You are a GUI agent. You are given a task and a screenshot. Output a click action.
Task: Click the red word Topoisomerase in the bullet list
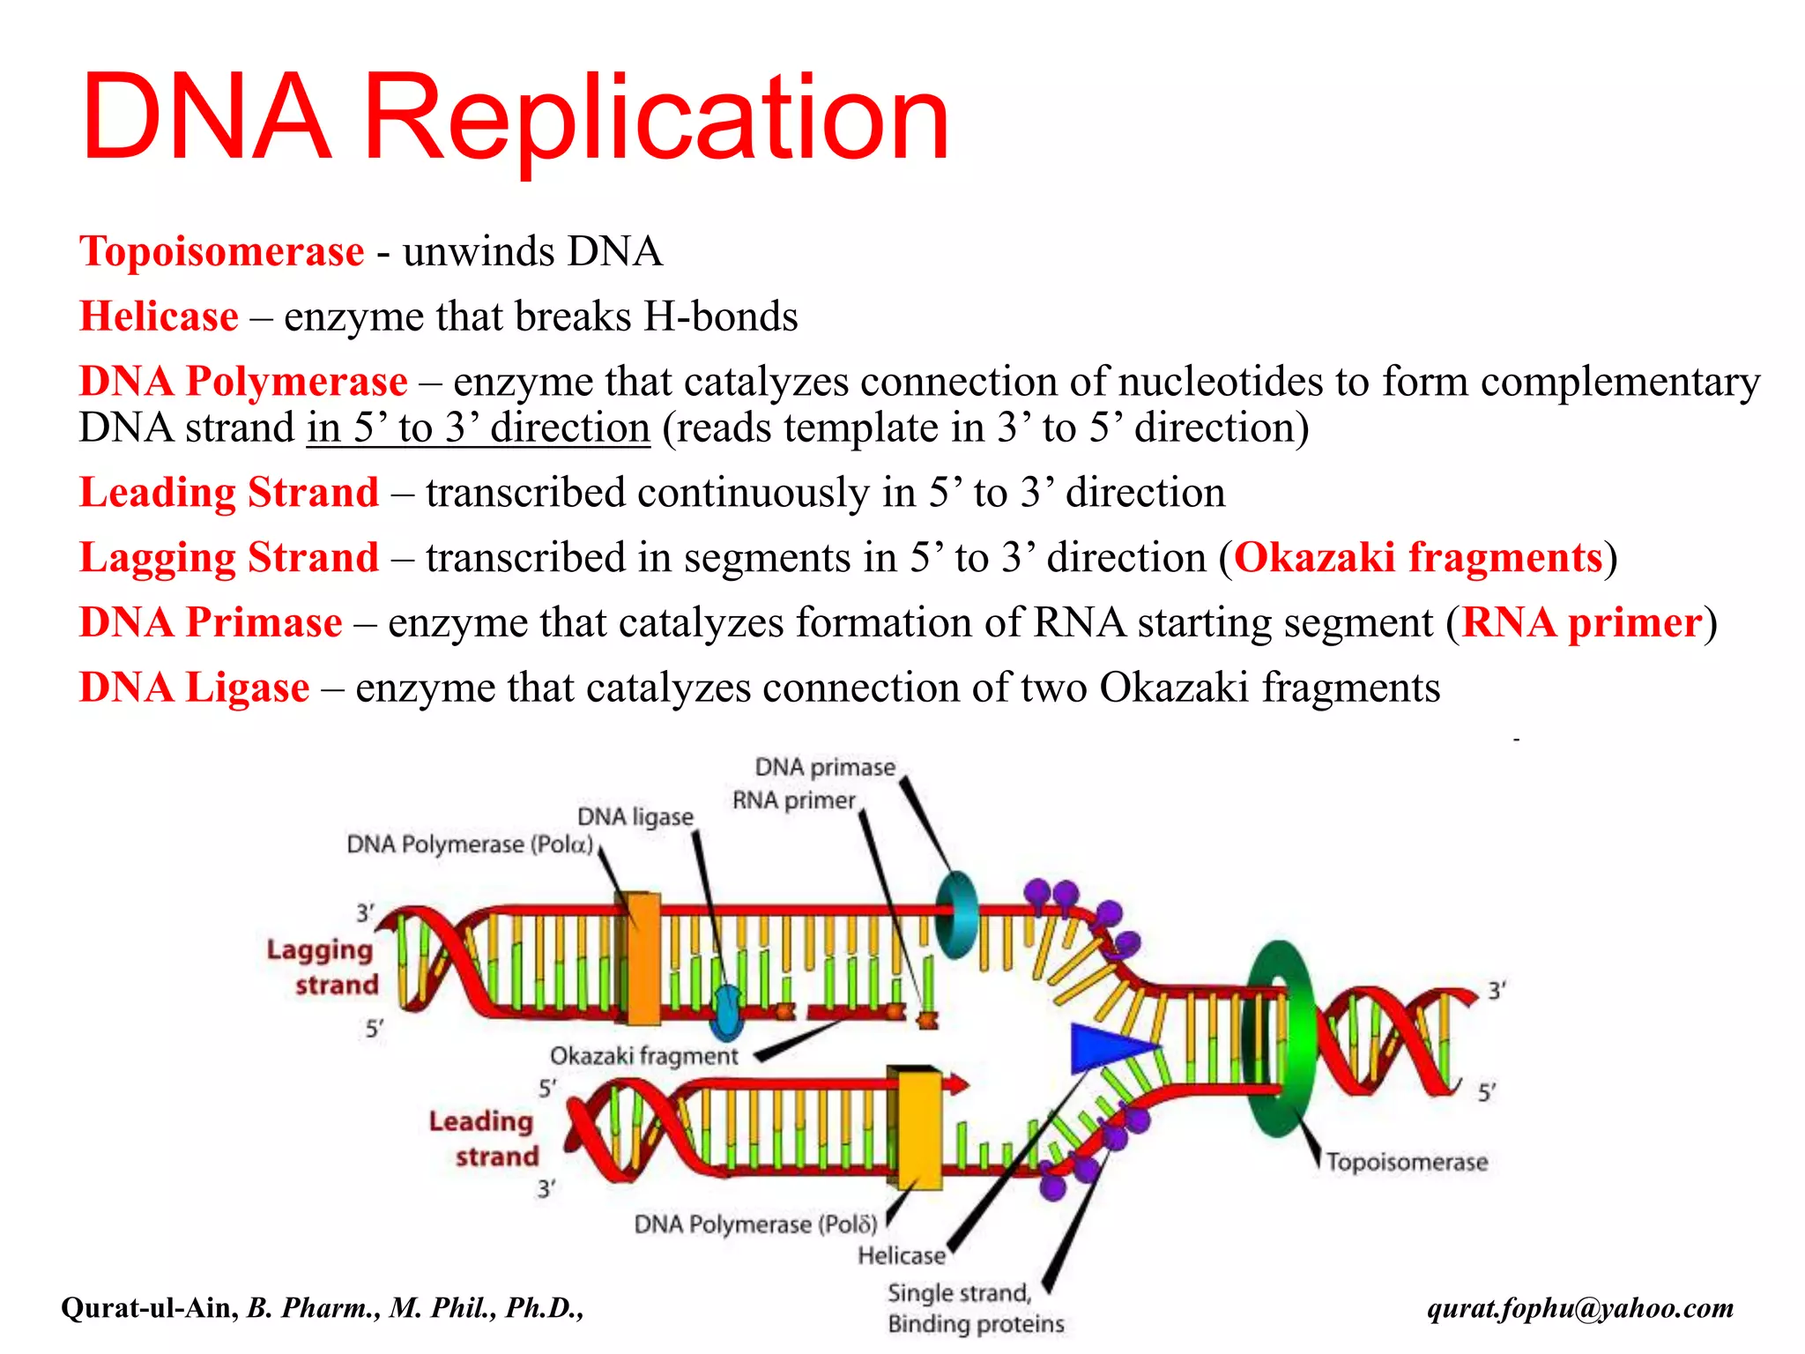coord(221,252)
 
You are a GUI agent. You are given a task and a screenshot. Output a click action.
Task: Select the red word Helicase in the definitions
coord(159,316)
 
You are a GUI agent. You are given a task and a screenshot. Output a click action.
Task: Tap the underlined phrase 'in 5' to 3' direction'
coord(478,428)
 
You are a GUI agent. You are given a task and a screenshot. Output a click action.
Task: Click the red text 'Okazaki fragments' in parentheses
coord(1417,558)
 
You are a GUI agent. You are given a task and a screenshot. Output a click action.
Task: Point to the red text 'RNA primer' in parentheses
coord(1581,623)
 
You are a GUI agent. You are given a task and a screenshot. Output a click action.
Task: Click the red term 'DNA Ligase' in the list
coord(194,688)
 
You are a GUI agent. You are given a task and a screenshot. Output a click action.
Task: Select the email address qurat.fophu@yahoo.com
coord(1579,1307)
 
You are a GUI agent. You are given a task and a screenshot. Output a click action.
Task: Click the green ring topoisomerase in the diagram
coord(1278,1040)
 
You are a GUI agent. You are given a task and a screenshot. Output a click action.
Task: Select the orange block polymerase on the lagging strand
coord(643,959)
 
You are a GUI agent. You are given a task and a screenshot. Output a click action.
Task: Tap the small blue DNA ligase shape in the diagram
coord(727,1013)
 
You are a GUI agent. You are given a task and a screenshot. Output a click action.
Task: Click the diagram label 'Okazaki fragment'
coord(643,1056)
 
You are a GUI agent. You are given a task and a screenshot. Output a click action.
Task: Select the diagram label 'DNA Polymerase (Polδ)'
coord(755,1224)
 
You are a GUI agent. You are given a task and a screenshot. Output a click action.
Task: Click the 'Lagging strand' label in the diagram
coord(322,967)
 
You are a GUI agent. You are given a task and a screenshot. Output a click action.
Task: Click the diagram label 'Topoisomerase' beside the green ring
coord(1407,1163)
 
